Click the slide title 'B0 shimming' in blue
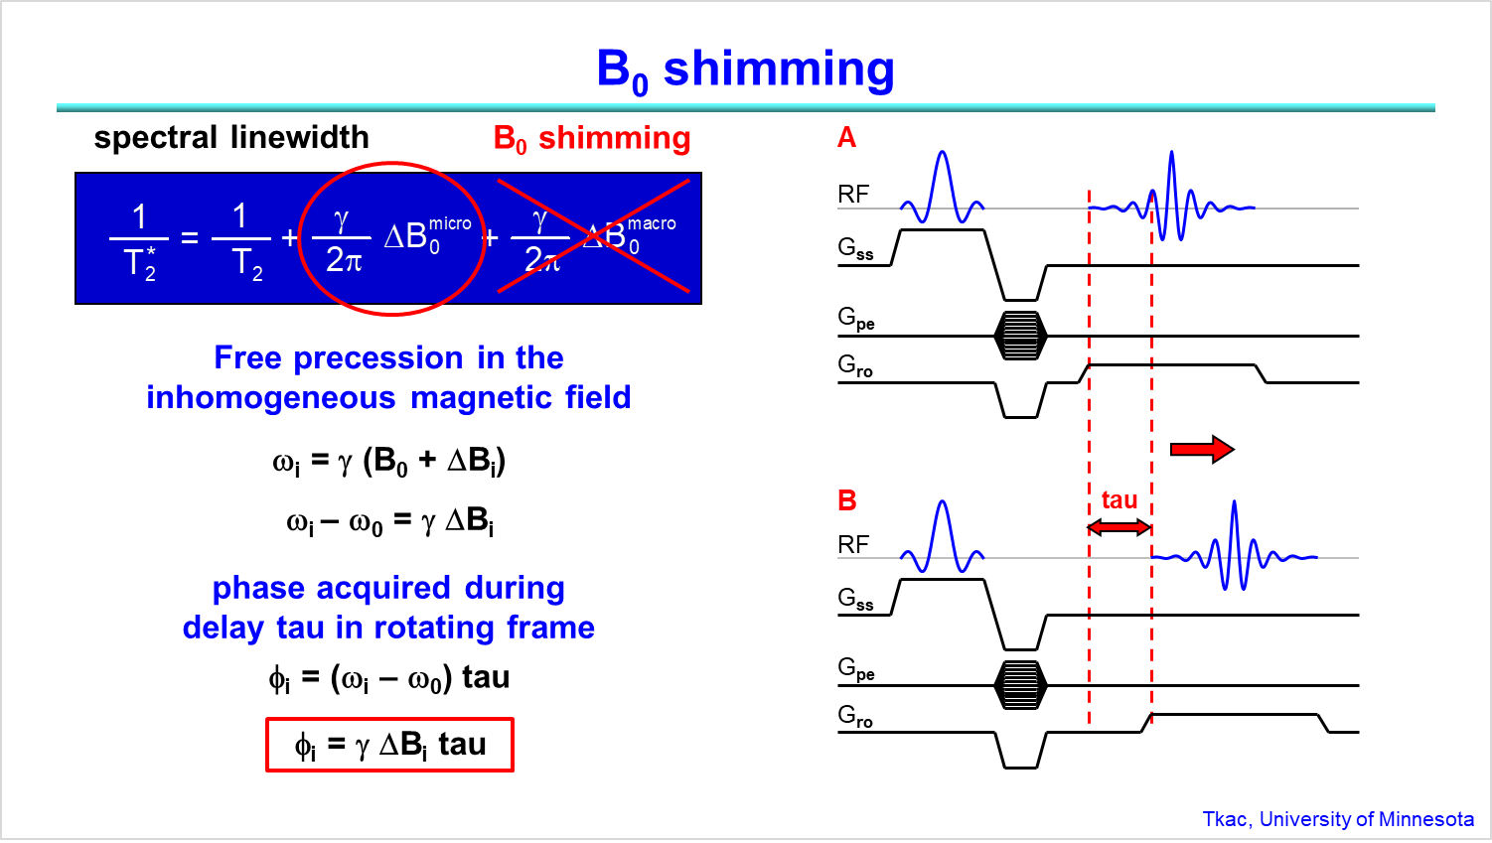[745, 70]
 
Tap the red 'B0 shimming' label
[592, 139]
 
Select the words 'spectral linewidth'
[231, 137]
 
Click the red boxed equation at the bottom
[389, 745]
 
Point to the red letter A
[846, 137]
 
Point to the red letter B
[846, 500]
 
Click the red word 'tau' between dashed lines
[1119, 500]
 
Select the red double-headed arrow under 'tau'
[1119, 527]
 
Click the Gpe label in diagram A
[855, 319]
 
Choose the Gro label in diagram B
[854, 715]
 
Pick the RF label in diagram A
[853, 195]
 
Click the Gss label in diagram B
[855, 599]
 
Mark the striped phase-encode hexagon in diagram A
[1020, 336]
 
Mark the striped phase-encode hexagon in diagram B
[1020, 685]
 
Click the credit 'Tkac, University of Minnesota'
[1337, 819]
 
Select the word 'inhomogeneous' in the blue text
[270, 397]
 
